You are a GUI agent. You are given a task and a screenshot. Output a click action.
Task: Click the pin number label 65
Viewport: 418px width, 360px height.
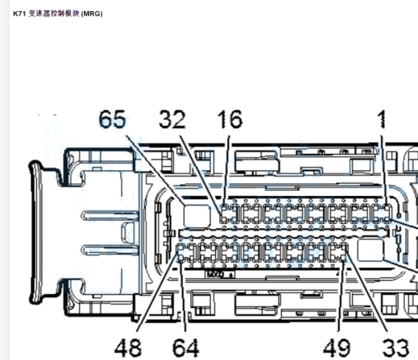[112, 119]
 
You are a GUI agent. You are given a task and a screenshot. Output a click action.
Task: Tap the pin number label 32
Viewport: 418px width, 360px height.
[172, 119]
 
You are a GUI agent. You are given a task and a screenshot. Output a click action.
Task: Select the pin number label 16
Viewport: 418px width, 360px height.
[230, 119]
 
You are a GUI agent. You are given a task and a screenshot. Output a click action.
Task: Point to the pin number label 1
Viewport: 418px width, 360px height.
[382, 119]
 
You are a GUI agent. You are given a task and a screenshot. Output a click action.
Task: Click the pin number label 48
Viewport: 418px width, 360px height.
[128, 348]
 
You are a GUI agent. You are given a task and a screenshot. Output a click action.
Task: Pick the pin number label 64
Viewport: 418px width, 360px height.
[186, 348]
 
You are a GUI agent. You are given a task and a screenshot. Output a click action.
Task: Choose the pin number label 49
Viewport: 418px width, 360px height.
[337, 348]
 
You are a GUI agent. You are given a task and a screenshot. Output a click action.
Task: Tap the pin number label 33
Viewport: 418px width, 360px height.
[395, 348]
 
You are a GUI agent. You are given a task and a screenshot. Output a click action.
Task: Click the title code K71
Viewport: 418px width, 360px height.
[19, 14]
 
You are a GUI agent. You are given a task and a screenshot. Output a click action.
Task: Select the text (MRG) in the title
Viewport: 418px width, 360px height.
[92, 14]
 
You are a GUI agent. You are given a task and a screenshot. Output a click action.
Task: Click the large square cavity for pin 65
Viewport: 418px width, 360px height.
[197, 216]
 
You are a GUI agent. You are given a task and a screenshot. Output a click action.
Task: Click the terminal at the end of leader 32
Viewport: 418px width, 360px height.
[224, 214]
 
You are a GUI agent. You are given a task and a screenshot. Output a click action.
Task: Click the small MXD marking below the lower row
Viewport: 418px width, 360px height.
[221, 274]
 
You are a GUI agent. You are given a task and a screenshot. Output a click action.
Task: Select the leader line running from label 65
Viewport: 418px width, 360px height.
[155, 170]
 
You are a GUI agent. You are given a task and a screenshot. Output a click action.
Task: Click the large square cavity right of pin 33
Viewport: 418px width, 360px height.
[371, 250]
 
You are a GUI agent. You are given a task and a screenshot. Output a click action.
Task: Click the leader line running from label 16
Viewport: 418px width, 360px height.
[226, 170]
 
